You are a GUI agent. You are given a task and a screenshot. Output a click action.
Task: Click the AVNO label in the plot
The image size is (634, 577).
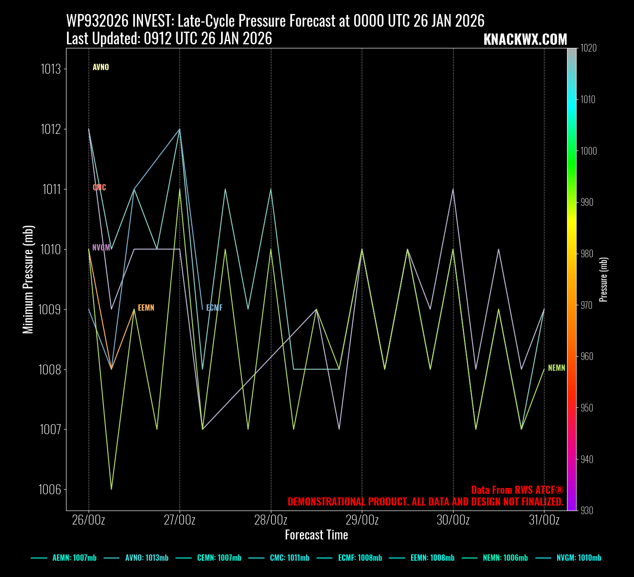pyautogui.click(x=100, y=67)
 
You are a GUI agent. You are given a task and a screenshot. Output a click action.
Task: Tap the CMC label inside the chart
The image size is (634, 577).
pyautogui.click(x=99, y=188)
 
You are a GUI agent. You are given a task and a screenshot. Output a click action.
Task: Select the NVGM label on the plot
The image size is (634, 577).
pyautogui.click(x=101, y=248)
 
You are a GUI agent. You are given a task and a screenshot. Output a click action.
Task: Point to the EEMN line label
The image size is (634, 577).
pyautogui.click(x=146, y=308)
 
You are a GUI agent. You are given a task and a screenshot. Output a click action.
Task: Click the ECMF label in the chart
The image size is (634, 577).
pyautogui.click(x=214, y=308)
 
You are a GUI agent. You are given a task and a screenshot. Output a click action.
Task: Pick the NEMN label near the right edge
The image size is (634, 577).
pyautogui.click(x=557, y=368)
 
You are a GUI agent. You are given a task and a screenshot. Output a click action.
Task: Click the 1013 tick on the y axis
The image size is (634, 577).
pyautogui.click(x=51, y=69)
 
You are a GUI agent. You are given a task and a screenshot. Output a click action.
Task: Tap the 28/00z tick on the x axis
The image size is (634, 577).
pyautogui.click(x=271, y=520)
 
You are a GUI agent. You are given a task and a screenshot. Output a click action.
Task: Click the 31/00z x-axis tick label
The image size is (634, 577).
pyautogui.click(x=544, y=520)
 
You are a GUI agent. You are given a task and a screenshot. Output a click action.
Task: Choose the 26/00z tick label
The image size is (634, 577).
pyautogui.click(x=89, y=520)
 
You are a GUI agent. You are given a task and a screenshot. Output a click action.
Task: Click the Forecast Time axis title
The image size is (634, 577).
pyautogui.click(x=317, y=535)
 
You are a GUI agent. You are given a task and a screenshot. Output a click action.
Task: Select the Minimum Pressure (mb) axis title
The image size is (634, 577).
pyautogui.click(x=28, y=279)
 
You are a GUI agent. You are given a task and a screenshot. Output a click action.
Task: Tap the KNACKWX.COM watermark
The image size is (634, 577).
pyautogui.click(x=525, y=40)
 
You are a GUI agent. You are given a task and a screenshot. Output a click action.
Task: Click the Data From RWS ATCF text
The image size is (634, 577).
pyautogui.click(x=517, y=490)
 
